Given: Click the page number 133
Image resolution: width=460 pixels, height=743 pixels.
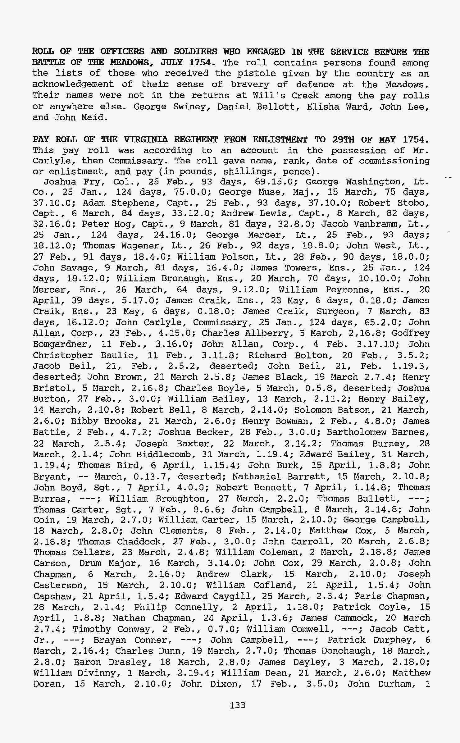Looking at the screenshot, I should [238, 705].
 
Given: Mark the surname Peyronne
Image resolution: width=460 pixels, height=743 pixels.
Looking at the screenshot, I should [350, 289].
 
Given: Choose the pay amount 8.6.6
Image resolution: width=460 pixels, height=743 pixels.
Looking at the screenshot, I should [211, 510].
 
